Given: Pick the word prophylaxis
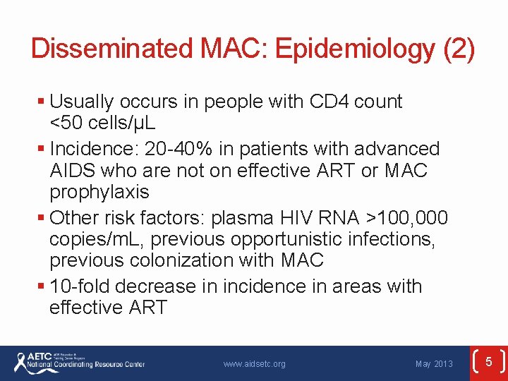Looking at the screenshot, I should click(99, 192).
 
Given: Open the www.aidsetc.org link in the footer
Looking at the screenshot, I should click(254, 364).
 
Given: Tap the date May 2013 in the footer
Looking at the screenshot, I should click(434, 364).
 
